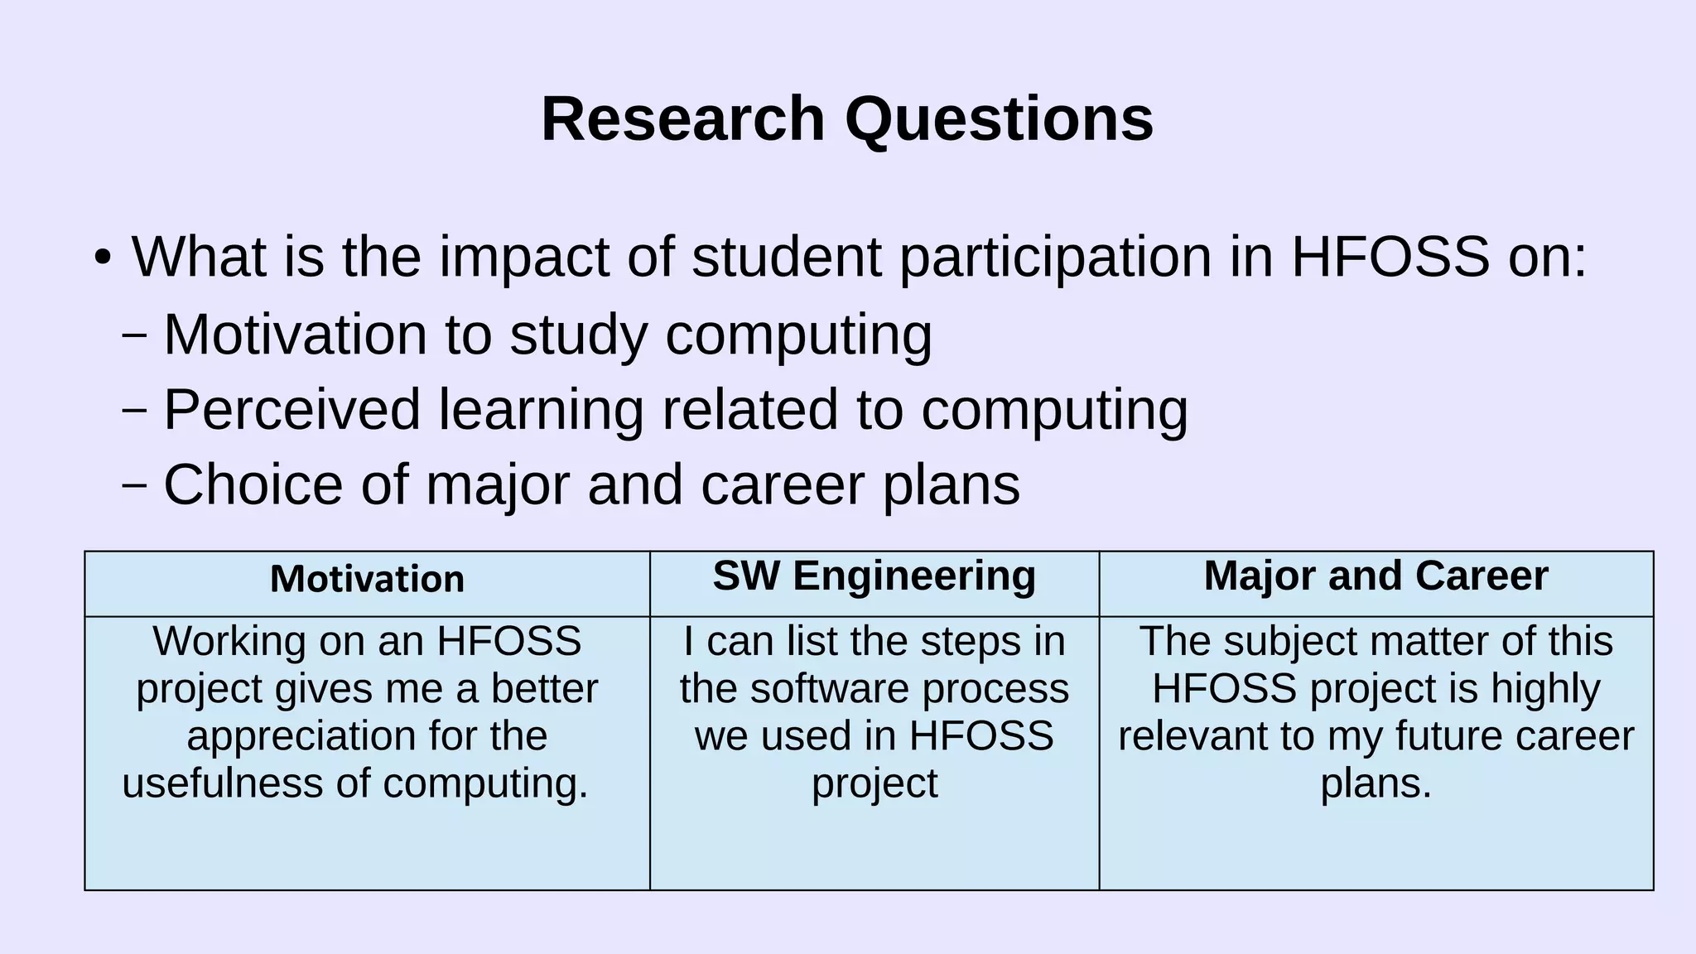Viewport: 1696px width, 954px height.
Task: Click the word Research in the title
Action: coord(683,119)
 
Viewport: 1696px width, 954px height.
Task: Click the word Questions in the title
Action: coord(999,119)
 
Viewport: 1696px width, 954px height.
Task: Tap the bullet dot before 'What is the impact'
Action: coord(102,258)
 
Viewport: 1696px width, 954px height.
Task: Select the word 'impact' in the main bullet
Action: coord(524,257)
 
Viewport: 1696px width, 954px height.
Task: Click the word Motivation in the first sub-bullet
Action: coord(295,334)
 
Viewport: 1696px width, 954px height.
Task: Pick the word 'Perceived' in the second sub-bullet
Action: coord(292,409)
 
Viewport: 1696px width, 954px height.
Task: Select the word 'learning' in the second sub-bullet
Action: coord(541,409)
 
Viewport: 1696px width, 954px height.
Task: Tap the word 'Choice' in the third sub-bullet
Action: coord(253,484)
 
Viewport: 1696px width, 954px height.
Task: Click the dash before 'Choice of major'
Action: coord(134,484)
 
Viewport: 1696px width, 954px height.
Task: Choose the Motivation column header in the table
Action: coord(367,579)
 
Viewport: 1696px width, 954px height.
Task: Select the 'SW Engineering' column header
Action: coord(874,576)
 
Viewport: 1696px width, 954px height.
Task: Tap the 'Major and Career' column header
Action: coord(1376,576)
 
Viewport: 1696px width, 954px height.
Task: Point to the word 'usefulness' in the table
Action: coord(220,783)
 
